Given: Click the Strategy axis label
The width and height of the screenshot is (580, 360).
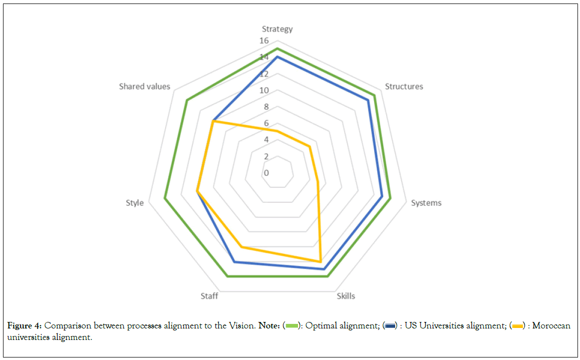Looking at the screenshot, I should [277, 29].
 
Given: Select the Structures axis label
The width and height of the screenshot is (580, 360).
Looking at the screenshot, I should [404, 87].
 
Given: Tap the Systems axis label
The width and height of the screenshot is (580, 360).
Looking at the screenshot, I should [426, 203].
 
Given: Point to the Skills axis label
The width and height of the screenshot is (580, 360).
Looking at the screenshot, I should [346, 296].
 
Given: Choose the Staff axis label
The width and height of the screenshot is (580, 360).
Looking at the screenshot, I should [209, 296].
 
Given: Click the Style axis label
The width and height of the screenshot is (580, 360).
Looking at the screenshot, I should [135, 203].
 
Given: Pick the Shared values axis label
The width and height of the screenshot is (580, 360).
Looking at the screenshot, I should [145, 87].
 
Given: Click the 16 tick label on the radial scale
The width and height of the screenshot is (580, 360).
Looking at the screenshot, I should [264, 41].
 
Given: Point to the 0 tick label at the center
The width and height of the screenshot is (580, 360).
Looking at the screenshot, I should [266, 173].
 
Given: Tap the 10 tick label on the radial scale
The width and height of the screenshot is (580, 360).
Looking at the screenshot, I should [264, 91].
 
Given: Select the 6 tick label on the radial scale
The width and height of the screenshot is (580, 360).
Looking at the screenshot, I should [266, 124].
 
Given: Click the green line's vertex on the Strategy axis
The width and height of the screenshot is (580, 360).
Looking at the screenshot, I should [277, 49].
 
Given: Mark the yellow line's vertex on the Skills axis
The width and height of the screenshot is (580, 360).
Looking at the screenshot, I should [321, 261].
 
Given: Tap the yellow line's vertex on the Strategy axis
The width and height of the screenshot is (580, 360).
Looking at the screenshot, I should [277, 131].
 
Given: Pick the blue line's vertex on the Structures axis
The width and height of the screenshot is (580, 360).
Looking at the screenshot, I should [368, 100].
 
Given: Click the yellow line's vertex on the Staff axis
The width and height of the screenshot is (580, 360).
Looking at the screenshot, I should [241, 247].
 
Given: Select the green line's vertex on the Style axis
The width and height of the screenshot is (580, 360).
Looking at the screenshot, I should [165, 199].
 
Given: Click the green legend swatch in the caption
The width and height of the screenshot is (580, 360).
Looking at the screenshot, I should [292, 326].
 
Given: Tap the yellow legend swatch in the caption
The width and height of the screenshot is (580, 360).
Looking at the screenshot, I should [517, 326].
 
